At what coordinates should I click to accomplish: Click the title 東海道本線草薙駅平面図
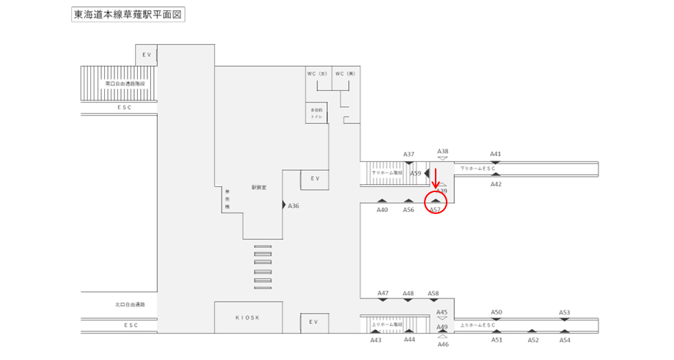coord(127,14)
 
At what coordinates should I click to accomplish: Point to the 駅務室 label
coord(258,187)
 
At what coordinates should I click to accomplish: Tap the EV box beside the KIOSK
coord(313,322)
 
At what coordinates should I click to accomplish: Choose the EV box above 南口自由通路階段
coord(146,54)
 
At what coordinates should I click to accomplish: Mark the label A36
coord(293,206)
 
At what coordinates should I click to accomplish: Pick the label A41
coord(496,154)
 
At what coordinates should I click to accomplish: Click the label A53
coord(564,312)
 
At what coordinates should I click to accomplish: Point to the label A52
coord(533,340)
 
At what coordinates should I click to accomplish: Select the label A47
coord(383,293)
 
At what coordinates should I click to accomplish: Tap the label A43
coord(376,339)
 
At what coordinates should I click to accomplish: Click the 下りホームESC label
coord(478,169)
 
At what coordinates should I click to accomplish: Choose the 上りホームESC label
coord(478,325)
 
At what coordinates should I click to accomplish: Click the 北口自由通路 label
coord(131,304)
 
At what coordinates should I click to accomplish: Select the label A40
coord(382,210)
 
